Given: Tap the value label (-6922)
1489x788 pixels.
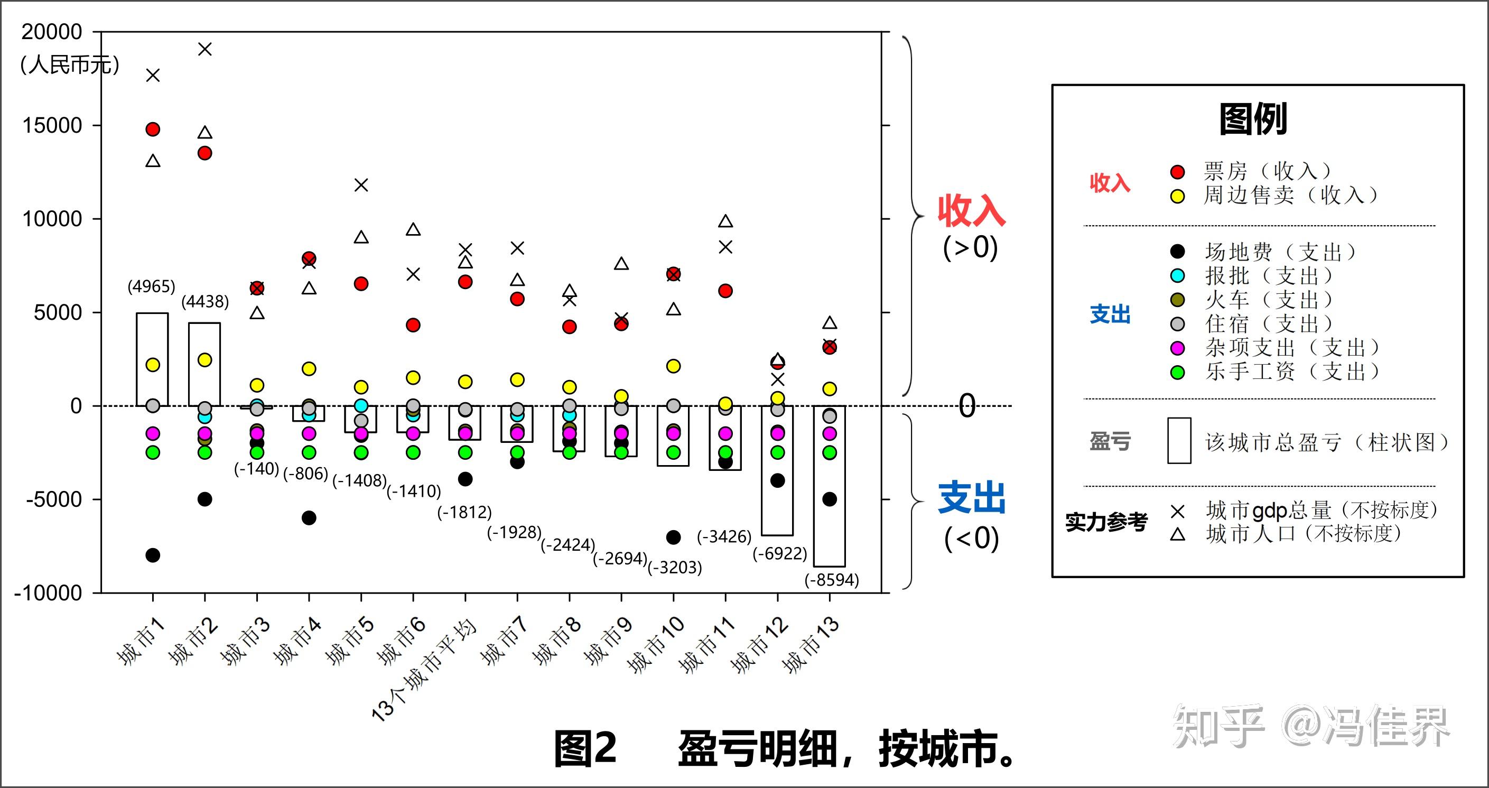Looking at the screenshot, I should pyautogui.click(x=779, y=553).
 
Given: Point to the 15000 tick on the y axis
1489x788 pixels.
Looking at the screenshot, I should pyautogui.click(x=52, y=125).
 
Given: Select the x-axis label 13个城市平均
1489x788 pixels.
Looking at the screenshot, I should pyautogui.click(x=425, y=671).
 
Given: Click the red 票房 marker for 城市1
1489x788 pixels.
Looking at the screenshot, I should pyautogui.click(x=153, y=129).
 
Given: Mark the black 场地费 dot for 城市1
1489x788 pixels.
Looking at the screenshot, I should pyautogui.click(x=153, y=555).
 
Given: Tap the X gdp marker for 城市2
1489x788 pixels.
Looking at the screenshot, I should pyautogui.click(x=204, y=49).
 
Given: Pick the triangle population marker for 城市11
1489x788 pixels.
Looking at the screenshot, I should pyautogui.click(x=725, y=221).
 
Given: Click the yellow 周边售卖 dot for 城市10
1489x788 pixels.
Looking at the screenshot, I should pyautogui.click(x=673, y=366).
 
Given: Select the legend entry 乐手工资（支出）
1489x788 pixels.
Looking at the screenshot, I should pyautogui.click(x=1291, y=371).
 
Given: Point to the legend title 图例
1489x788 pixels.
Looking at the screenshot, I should pyautogui.click(x=1253, y=119).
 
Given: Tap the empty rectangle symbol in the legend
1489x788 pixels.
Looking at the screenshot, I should pyautogui.click(x=1179, y=441).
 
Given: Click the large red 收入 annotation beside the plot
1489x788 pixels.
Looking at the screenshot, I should pyautogui.click(x=971, y=211).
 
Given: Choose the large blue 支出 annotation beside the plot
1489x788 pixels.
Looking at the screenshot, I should pyautogui.click(x=971, y=498).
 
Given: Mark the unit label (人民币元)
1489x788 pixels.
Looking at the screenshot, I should pyautogui.click(x=69, y=65).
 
